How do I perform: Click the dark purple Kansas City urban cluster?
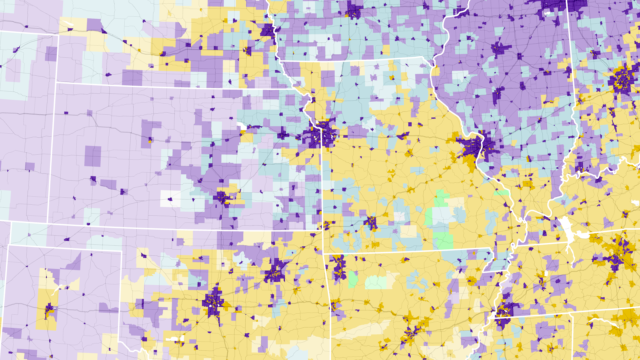point(323,134)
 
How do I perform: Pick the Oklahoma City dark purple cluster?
point(212,300)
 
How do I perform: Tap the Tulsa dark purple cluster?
point(274,272)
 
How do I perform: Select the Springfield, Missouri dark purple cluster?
point(370,222)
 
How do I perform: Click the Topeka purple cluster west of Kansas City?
point(283,133)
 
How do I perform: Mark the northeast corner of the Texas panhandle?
point(123,246)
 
